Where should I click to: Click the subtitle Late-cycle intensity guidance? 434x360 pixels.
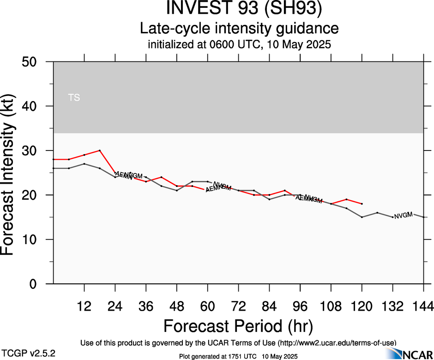[239, 28]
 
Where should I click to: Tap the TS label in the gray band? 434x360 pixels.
[74, 98]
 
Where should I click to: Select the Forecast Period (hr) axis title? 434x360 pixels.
[238, 326]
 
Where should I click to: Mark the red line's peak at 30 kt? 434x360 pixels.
[100, 150]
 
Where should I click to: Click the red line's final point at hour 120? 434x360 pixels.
[362, 204]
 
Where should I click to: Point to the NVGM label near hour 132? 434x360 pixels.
[403, 215]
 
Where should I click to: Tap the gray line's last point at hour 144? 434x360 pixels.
[423, 217]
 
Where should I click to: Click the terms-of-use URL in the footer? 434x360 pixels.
[337, 343]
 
